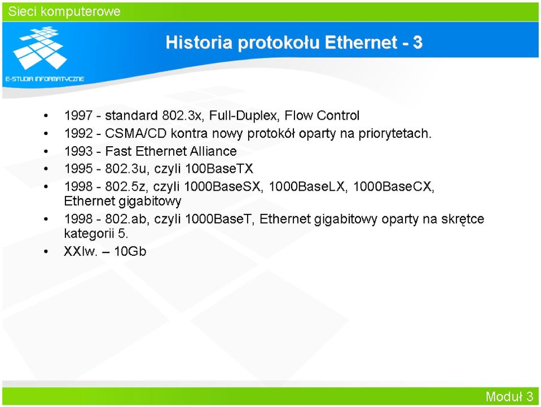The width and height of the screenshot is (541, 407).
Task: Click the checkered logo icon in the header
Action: (x=39, y=47)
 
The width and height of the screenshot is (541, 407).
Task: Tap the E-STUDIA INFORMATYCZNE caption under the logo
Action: (x=45, y=78)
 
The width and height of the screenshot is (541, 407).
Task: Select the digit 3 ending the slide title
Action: (x=417, y=42)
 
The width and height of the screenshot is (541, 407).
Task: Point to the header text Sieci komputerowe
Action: (x=64, y=11)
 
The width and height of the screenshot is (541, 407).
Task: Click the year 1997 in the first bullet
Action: (x=78, y=115)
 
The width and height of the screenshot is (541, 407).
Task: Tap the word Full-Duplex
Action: (x=244, y=115)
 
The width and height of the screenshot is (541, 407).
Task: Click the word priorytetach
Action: (x=395, y=134)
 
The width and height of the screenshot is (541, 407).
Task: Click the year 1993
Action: (x=78, y=151)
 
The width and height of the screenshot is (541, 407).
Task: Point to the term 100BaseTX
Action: (x=219, y=168)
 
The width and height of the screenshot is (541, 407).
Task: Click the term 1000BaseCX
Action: (x=393, y=186)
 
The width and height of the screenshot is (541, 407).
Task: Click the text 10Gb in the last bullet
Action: (x=130, y=251)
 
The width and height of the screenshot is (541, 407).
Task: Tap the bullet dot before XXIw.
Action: (x=46, y=252)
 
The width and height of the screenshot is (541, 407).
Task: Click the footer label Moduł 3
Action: (x=509, y=396)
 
